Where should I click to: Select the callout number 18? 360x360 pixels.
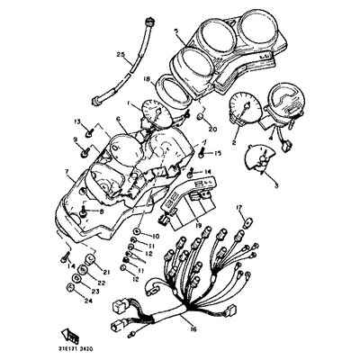point(147,80)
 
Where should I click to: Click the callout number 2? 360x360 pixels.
point(234,141)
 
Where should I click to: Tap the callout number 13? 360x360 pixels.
point(77,121)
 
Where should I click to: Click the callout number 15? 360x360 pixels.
point(217,155)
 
